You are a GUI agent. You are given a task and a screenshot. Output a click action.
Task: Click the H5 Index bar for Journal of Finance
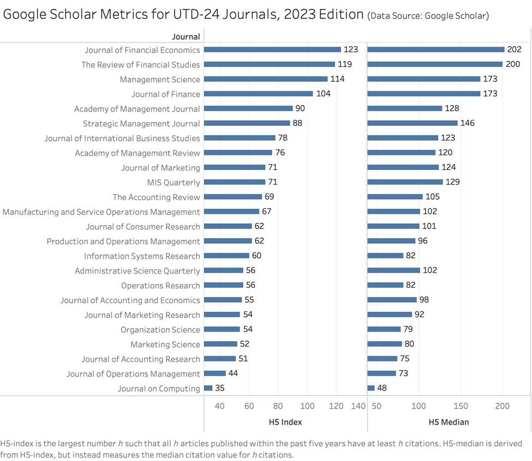click(x=258, y=94)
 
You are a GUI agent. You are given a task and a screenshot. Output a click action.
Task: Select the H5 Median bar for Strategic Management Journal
click(x=413, y=123)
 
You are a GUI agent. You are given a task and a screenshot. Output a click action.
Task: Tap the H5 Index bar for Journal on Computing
click(x=208, y=388)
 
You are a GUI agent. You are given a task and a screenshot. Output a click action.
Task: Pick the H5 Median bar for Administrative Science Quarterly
click(x=393, y=270)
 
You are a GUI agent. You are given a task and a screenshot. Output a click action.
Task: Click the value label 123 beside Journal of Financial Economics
click(x=351, y=50)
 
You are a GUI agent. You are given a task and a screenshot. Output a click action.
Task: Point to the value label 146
click(x=468, y=123)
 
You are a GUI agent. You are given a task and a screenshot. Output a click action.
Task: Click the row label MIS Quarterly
click(x=174, y=183)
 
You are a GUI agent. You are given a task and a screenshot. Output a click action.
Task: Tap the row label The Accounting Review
click(x=157, y=197)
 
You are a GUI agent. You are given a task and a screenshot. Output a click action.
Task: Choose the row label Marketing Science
click(x=165, y=344)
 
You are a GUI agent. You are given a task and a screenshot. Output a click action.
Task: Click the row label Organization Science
click(x=160, y=330)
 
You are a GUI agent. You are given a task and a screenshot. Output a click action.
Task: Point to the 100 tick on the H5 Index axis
click(x=307, y=406)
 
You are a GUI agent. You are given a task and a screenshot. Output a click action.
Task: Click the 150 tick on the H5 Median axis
click(x=461, y=406)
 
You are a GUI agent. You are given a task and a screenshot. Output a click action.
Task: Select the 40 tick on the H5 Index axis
click(x=220, y=406)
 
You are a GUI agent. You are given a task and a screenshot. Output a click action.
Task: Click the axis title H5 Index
click(x=285, y=422)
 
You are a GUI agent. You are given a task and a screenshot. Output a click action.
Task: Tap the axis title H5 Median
click(x=449, y=422)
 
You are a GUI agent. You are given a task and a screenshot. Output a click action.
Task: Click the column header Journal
click(x=186, y=37)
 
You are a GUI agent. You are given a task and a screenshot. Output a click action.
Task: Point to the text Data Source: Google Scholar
click(x=428, y=16)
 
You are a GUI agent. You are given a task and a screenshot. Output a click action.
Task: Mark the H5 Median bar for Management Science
click(x=424, y=79)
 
